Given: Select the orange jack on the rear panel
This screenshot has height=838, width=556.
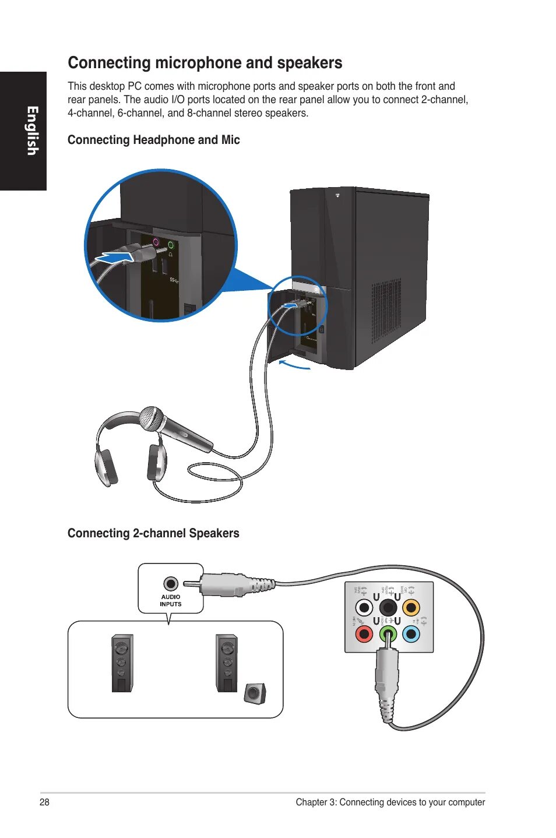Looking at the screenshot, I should pos(411,608).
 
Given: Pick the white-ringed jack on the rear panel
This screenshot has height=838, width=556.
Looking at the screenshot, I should pos(364,608).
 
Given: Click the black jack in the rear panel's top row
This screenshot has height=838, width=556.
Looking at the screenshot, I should pos(388,608).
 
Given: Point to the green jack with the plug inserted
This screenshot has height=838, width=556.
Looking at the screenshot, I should pos(388,633).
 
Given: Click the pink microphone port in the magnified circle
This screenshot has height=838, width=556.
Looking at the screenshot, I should pos(156,242).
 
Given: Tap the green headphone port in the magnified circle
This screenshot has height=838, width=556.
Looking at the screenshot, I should pos(171,245).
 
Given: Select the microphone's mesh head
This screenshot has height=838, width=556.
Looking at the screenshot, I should pos(151,418).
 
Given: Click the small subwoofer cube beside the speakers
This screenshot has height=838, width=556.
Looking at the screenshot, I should pos(254,692).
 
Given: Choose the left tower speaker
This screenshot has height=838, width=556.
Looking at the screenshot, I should pos(122,663).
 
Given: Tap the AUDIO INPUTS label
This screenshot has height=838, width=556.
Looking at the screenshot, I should pos(171,601).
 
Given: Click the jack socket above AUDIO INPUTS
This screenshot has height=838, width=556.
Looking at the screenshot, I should pos(171,583).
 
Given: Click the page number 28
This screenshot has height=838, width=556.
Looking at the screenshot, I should pos(44,802).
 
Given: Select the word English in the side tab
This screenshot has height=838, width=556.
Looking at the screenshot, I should pos(32,131).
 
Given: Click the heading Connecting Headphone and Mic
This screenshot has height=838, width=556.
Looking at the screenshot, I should pos(154,140).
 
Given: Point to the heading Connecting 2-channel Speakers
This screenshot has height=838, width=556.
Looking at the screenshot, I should pos(153,533).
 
